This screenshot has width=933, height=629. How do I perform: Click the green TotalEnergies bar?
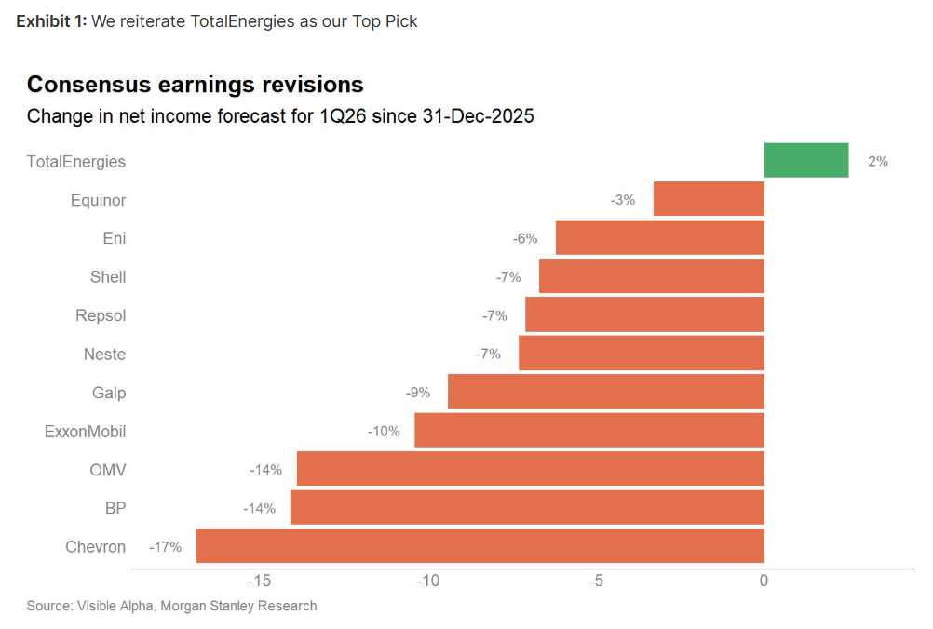coord(806,160)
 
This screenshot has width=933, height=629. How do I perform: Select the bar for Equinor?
coord(709,199)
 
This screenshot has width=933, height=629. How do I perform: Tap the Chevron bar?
coord(480,546)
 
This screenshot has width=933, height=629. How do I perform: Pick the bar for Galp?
coord(605,392)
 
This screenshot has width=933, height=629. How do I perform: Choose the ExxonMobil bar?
coord(588,431)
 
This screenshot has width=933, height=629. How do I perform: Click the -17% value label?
coord(166,547)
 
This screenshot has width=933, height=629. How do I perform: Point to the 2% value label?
coord(877,161)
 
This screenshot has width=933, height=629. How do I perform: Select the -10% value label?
coord(384,431)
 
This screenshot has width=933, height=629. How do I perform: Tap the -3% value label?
coord(623,200)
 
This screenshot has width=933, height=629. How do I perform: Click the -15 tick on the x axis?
coord(259,582)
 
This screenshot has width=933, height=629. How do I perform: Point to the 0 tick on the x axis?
coord(764,582)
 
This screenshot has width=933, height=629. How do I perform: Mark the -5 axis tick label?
coord(596,582)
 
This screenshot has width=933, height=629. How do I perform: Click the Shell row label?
coord(108,276)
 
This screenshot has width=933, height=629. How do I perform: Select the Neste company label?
coord(104,354)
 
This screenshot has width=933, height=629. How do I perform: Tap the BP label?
coord(115,508)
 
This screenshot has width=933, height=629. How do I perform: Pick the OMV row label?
coord(108,470)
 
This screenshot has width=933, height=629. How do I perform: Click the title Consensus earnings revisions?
coord(195,85)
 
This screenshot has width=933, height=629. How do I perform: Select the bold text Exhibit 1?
coord(51,21)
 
